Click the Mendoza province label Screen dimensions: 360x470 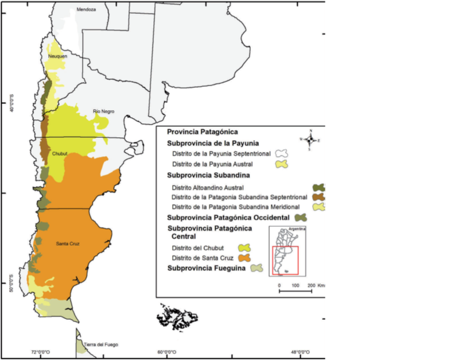86,10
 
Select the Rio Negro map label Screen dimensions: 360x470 101,111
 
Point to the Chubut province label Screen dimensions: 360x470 60,154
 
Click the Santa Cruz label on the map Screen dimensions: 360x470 67,243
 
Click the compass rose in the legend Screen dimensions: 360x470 310,140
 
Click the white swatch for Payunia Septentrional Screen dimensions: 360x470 281,154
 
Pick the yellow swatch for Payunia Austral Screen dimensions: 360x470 281,164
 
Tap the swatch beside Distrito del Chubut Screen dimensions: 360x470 245,248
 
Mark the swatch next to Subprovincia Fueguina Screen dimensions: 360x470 256,268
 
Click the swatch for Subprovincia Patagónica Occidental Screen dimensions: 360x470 300,218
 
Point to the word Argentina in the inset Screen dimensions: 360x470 297,230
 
